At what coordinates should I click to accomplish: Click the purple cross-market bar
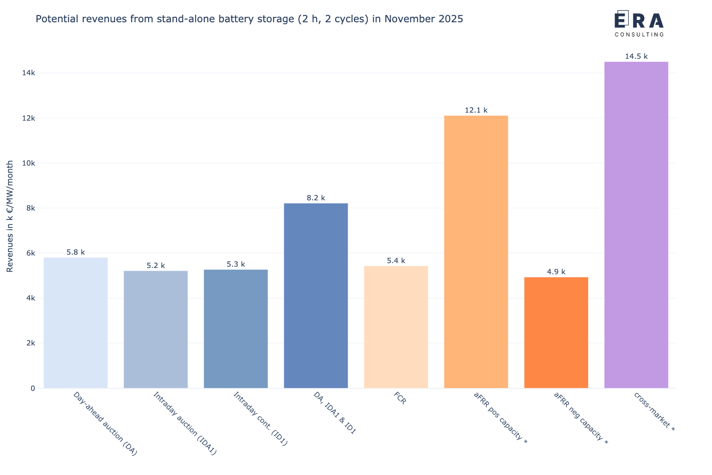(x=636, y=225)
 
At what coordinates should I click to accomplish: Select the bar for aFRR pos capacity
(x=476, y=252)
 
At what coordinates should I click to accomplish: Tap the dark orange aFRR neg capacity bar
(x=556, y=333)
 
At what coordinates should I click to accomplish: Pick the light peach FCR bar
(x=396, y=327)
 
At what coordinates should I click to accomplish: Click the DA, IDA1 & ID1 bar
(x=316, y=296)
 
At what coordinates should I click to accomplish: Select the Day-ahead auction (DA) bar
(x=75, y=323)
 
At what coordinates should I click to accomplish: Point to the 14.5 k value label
(x=636, y=57)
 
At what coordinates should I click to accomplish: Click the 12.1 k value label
(x=476, y=110)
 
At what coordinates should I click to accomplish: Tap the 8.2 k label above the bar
(x=316, y=198)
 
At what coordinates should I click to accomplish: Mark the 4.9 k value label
(x=556, y=272)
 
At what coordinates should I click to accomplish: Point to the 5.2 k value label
(x=156, y=266)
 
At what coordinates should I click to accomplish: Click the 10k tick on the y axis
(x=28, y=163)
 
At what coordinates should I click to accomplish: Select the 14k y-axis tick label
(x=28, y=73)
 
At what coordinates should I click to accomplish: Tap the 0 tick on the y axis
(x=33, y=388)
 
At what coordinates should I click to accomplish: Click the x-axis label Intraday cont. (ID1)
(x=261, y=419)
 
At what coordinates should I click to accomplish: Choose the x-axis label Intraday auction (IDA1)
(x=185, y=423)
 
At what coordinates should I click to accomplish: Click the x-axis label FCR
(x=400, y=398)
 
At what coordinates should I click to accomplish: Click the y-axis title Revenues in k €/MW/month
(x=10, y=216)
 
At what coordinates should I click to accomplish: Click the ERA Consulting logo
(x=639, y=24)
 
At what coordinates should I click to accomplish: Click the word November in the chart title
(x=406, y=19)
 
